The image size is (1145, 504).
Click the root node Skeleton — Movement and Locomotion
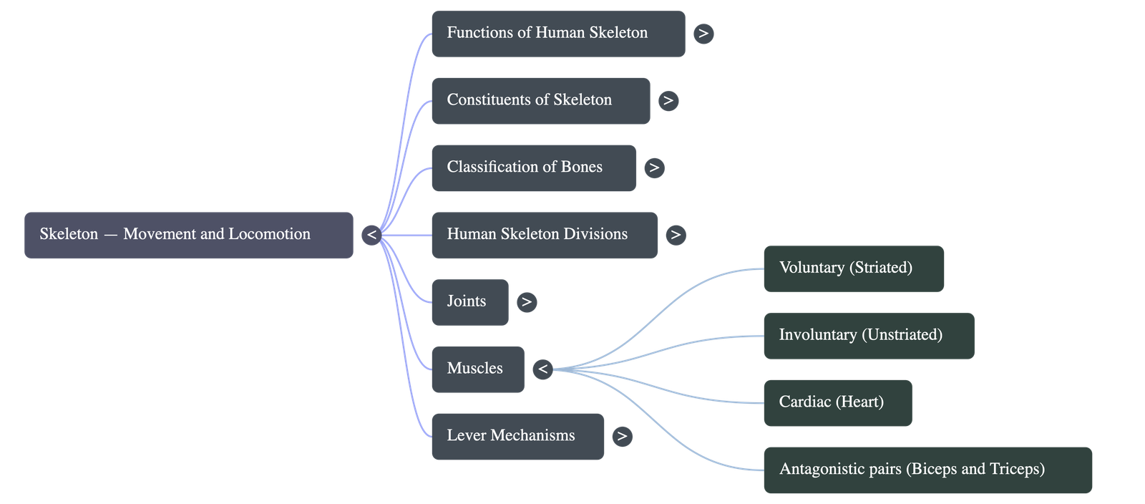click(x=188, y=235)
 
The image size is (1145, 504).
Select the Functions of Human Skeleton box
click(x=557, y=34)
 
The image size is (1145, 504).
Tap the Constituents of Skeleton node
click(x=540, y=101)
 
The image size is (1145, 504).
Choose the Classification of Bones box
click(x=533, y=168)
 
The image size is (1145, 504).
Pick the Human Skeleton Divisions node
click(x=544, y=235)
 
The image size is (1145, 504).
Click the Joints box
click(x=469, y=302)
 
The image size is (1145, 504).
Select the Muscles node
click(x=477, y=369)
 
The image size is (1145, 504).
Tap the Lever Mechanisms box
click(x=517, y=436)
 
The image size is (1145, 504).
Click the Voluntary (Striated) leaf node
click(x=853, y=268)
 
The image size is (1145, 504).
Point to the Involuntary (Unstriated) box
click(x=868, y=336)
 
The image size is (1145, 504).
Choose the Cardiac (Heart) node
click(x=837, y=403)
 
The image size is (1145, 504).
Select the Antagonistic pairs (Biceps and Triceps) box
click(x=927, y=470)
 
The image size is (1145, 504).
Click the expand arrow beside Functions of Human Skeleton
click(x=703, y=34)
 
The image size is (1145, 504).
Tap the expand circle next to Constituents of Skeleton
click(x=668, y=101)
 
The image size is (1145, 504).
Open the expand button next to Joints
click(x=527, y=302)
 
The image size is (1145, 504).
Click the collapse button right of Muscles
click(x=543, y=369)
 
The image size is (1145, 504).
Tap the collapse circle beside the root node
click(x=371, y=235)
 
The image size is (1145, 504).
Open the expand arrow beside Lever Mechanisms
click(x=622, y=436)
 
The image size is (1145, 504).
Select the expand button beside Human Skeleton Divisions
click(x=676, y=235)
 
